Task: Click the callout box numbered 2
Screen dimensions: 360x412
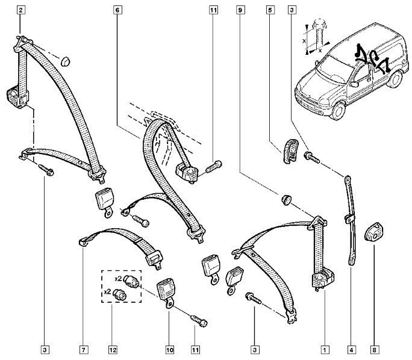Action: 22,10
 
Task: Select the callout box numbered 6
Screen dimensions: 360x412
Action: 117,10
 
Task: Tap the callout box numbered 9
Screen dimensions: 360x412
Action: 240,10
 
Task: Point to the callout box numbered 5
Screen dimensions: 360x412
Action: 269,10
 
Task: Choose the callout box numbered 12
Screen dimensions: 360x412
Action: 112,349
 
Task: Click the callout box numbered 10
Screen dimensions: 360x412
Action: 169,349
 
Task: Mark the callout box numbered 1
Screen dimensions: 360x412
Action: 325,349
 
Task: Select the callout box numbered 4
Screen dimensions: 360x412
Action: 351,349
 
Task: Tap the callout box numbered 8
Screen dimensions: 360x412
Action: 375,349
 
